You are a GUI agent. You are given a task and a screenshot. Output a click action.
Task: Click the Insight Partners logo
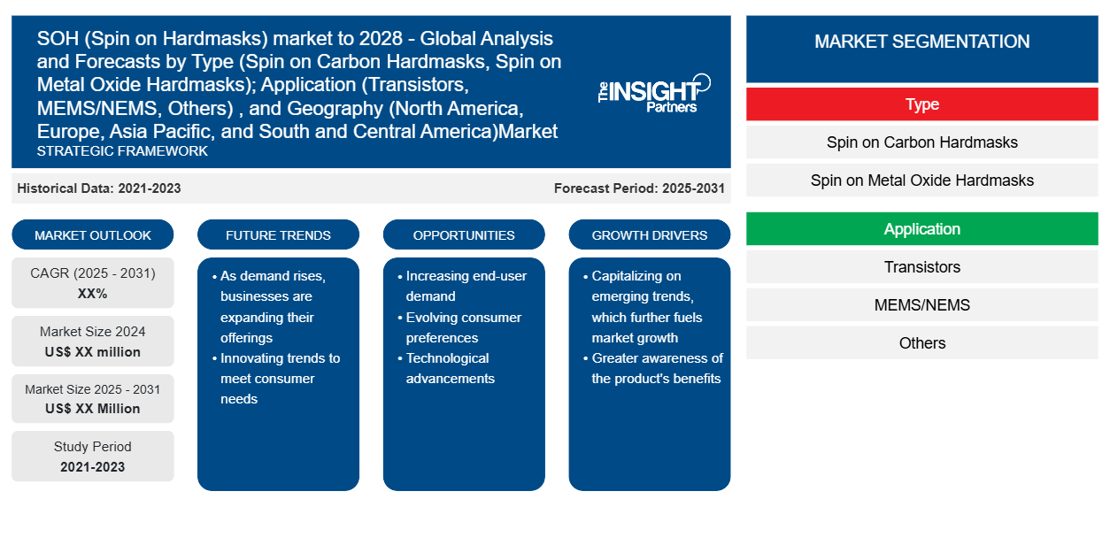pyautogui.click(x=654, y=93)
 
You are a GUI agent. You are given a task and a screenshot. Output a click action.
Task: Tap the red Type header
pyautogui.click(x=921, y=104)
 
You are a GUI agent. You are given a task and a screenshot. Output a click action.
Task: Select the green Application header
pyautogui.click(x=921, y=229)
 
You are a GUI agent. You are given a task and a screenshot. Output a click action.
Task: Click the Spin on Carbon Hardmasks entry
pyautogui.click(x=921, y=142)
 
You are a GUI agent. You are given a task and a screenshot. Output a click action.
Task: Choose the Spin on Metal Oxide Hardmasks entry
pyautogui.click(x=921, y=180)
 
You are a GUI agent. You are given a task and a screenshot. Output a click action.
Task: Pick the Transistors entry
pyautogui.click(x=921, y=267)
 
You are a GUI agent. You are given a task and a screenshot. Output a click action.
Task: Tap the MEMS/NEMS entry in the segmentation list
pyautogui.click(x=921, y=304)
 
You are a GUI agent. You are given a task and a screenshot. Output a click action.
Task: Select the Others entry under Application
pyautogui.click(x=921, y=343)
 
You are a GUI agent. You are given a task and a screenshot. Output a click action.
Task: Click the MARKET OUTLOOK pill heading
pyautogui.click(x=93, y=234)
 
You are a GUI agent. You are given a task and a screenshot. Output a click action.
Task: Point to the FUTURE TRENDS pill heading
pyautogui.click(x=278, y=234)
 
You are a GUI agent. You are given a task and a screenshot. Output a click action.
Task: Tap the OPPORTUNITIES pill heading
pyautogui.click(x=464, y=234)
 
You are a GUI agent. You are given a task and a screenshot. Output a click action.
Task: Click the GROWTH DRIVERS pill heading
pyautogui.click(x=649, y=234)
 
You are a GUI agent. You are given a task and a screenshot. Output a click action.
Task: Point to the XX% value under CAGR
pyautogui.click(x=93, y=294)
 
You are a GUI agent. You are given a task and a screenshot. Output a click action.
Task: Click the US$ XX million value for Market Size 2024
pyautogui.click(x=93, y=352)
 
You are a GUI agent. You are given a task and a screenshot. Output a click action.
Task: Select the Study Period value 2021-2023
pyautogui.click(x=93, y=467)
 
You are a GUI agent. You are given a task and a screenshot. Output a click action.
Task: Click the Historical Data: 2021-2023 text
pyautogui.click(x=99, y=188)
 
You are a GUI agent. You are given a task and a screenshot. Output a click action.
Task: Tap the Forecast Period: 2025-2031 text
pyautogui.click(x=639, y=188)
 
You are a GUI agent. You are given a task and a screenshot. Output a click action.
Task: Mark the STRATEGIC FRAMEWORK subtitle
pyautogui.click(x=122, y=151)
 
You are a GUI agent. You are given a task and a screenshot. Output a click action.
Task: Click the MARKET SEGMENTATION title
pyautogui.click(x=921, y=41)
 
